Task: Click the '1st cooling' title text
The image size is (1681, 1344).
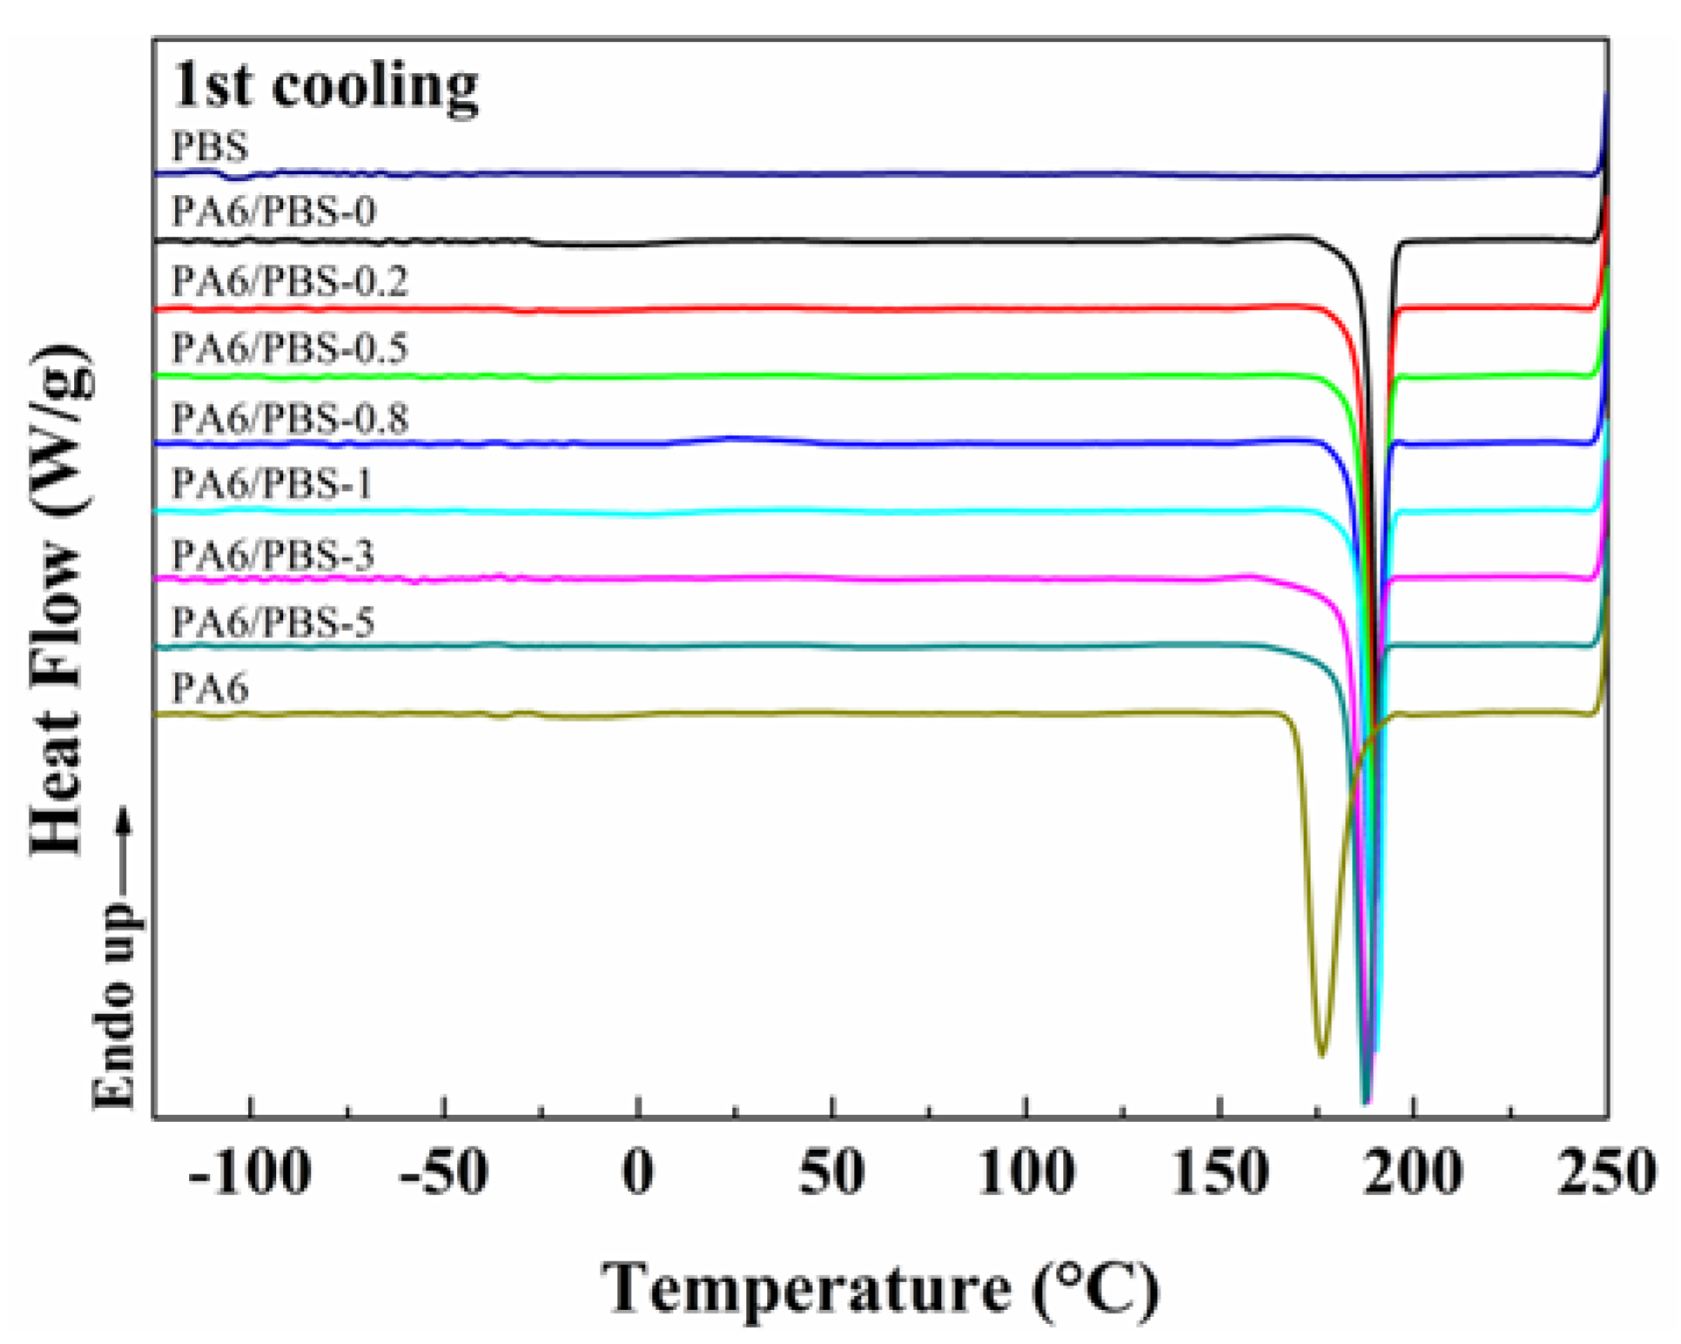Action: (325, 86)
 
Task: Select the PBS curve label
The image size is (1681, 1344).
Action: (210, 146)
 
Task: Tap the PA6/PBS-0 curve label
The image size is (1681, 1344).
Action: (273, 212)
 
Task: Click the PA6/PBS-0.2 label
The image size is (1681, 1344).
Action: (289, 281)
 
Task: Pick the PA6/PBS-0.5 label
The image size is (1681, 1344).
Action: (289, 348)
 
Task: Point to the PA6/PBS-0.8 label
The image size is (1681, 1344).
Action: (289, 418)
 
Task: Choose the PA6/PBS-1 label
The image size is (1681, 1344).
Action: (272, 484)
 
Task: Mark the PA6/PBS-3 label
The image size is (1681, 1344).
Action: (272, 554)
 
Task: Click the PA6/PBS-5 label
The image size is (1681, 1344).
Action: (272, 622)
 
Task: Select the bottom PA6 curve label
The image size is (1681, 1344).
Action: (210, 689)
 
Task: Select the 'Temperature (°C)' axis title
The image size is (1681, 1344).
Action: (880, 1287)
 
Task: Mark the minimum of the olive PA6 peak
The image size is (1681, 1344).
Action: (1321, 1055)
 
